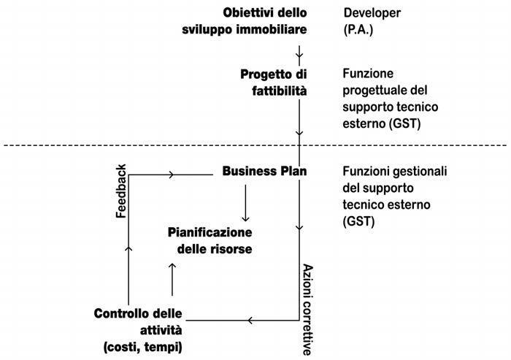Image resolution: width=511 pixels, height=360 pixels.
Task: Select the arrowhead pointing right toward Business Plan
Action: pos(172,174)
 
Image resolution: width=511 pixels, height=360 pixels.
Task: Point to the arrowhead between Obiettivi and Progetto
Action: pos(299,55)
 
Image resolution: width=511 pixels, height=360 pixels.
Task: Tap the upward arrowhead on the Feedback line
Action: pos(129,248)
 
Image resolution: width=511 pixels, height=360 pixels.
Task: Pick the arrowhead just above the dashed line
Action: pos(299,133)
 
